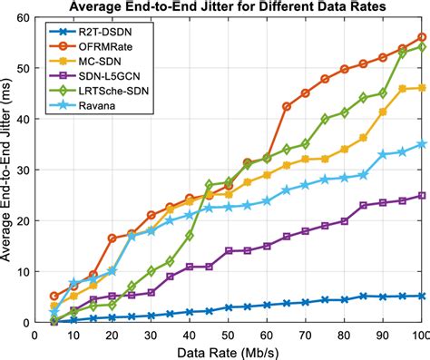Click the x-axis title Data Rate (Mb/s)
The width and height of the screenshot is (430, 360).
tap(227, 351)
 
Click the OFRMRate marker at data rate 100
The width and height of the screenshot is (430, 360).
tap(422, 37)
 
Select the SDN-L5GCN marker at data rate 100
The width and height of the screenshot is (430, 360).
tap(422, 195)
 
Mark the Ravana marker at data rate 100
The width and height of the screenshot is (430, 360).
tap(422, 144)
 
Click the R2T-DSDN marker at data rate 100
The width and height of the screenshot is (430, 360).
tap(422, 296)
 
